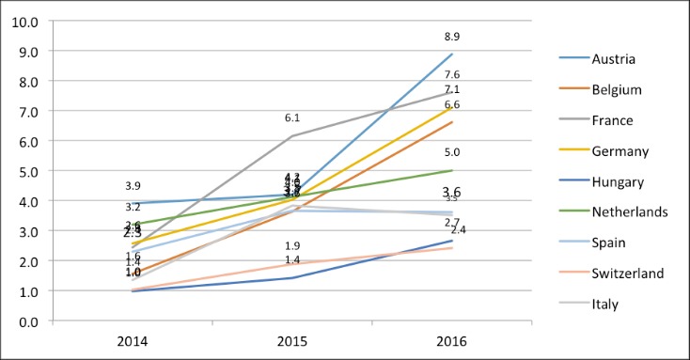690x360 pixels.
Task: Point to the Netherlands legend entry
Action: point(628,211)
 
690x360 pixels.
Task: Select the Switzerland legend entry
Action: point(628,273)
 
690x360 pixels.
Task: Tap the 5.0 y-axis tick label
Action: point(26,171)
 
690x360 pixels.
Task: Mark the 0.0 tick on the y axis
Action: point(26,321)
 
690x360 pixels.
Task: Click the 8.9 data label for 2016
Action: point(452,37)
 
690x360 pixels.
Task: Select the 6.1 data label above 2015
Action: point(292,117)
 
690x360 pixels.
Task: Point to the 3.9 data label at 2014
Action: point(133,186)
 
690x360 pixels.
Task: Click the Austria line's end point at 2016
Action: point(452,54)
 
